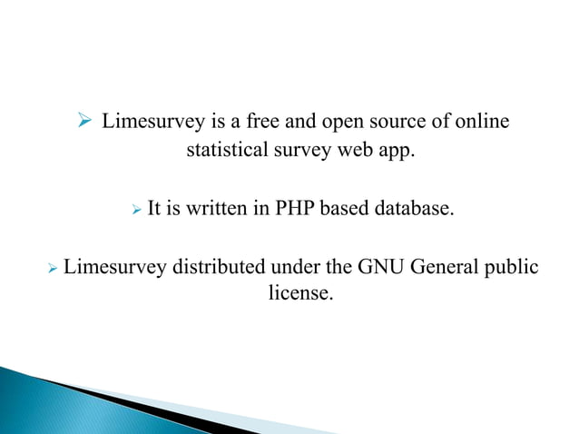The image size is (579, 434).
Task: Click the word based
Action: point(347,210)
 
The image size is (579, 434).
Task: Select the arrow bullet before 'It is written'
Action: point(137,211)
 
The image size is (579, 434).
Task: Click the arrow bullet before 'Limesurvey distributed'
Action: point(53,269)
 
